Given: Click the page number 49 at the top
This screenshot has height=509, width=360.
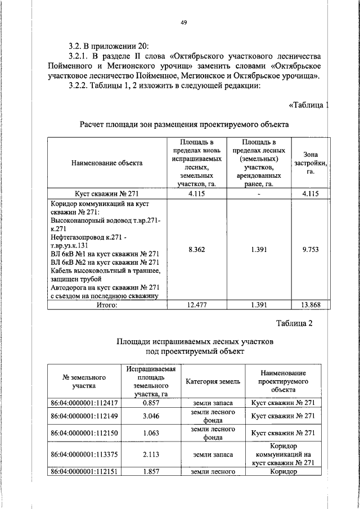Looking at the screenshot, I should coord(183,22).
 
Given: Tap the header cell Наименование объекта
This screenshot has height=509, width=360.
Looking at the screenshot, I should coord(107,163).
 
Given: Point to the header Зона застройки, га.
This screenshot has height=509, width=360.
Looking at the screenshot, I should coord(310,163).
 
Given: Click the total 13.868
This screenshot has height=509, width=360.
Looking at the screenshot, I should coord(310,305).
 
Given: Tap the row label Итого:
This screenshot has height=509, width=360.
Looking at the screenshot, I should coord(106,305).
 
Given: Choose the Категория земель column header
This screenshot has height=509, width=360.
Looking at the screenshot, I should coord(213,381).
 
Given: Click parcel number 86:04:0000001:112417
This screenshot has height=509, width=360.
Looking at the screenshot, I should coord(84,403).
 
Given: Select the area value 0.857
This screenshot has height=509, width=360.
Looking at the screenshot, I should coord(151,403).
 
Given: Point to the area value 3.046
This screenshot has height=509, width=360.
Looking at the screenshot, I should coord(151,417).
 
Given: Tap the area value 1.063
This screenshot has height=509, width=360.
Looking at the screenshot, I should coord(151,433).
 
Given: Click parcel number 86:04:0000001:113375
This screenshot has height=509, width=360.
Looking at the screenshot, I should coord(84,454).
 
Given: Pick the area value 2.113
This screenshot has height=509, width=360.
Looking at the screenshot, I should coord(151,454).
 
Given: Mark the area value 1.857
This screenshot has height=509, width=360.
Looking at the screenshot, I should coord(151,472).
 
